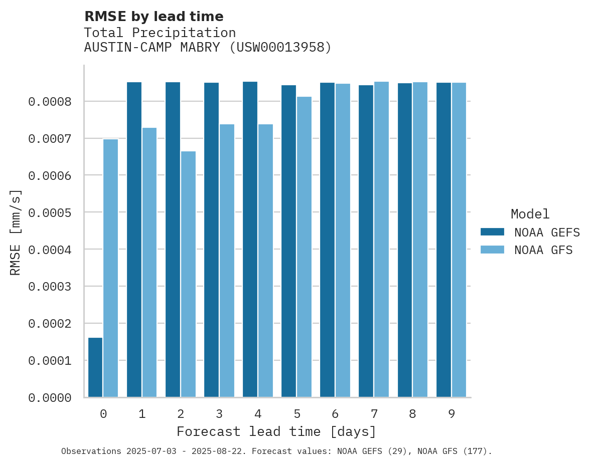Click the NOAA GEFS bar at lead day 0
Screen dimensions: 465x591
click(x=95, y=367)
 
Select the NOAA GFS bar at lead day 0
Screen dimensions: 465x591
click(x=110, y=268)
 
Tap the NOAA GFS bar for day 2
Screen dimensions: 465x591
click(x=188, y=274)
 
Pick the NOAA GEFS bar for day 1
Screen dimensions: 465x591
click(x=134, y=240)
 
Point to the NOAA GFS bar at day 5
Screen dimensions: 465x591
click(x=304, y=247)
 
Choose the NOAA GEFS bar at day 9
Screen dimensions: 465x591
click(x=444, y=240)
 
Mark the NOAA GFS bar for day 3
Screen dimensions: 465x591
click(x=227, y=261)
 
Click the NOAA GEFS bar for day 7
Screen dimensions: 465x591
click(x=366, y=241)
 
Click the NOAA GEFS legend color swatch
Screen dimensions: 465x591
click(x=492, y=232)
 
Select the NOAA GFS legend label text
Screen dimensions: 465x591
click(x=543, y=250)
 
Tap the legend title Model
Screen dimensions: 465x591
click(x=530, y=214)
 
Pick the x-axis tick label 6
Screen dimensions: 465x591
click(x=335, y=414)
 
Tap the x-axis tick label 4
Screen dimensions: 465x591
click(x=258, y=414)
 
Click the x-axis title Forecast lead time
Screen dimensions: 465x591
click(x=276, y=431)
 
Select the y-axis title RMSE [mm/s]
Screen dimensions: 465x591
click(x=16, y=232)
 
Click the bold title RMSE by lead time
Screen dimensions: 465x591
click(x=154, y=17)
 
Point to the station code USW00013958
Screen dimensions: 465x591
click(x=280, y=48)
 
